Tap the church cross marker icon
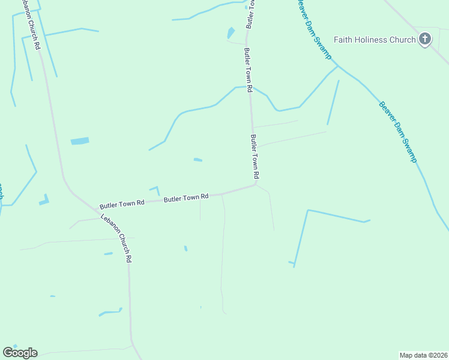pyautogui.click(x=424, y=40)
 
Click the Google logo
pyautogui.click(x=20, y=353)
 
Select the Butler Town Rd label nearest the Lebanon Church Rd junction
pyautogui.click(x=122, y=204)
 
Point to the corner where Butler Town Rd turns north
pyautogui.click(x=256, y=184)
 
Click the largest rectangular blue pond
pyautogui.click(x=80, y=141)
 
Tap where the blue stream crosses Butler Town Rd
pyautogui.click(x=250, y=88)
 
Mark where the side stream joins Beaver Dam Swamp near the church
pyautogui.click(x=338, y=66)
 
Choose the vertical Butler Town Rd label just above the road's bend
pyautogui.click(x=255, y=157)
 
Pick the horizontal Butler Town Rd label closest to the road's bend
pyautogui.click(x=186, y=197)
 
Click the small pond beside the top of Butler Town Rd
pyautogui.click(x=231, y=32)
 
